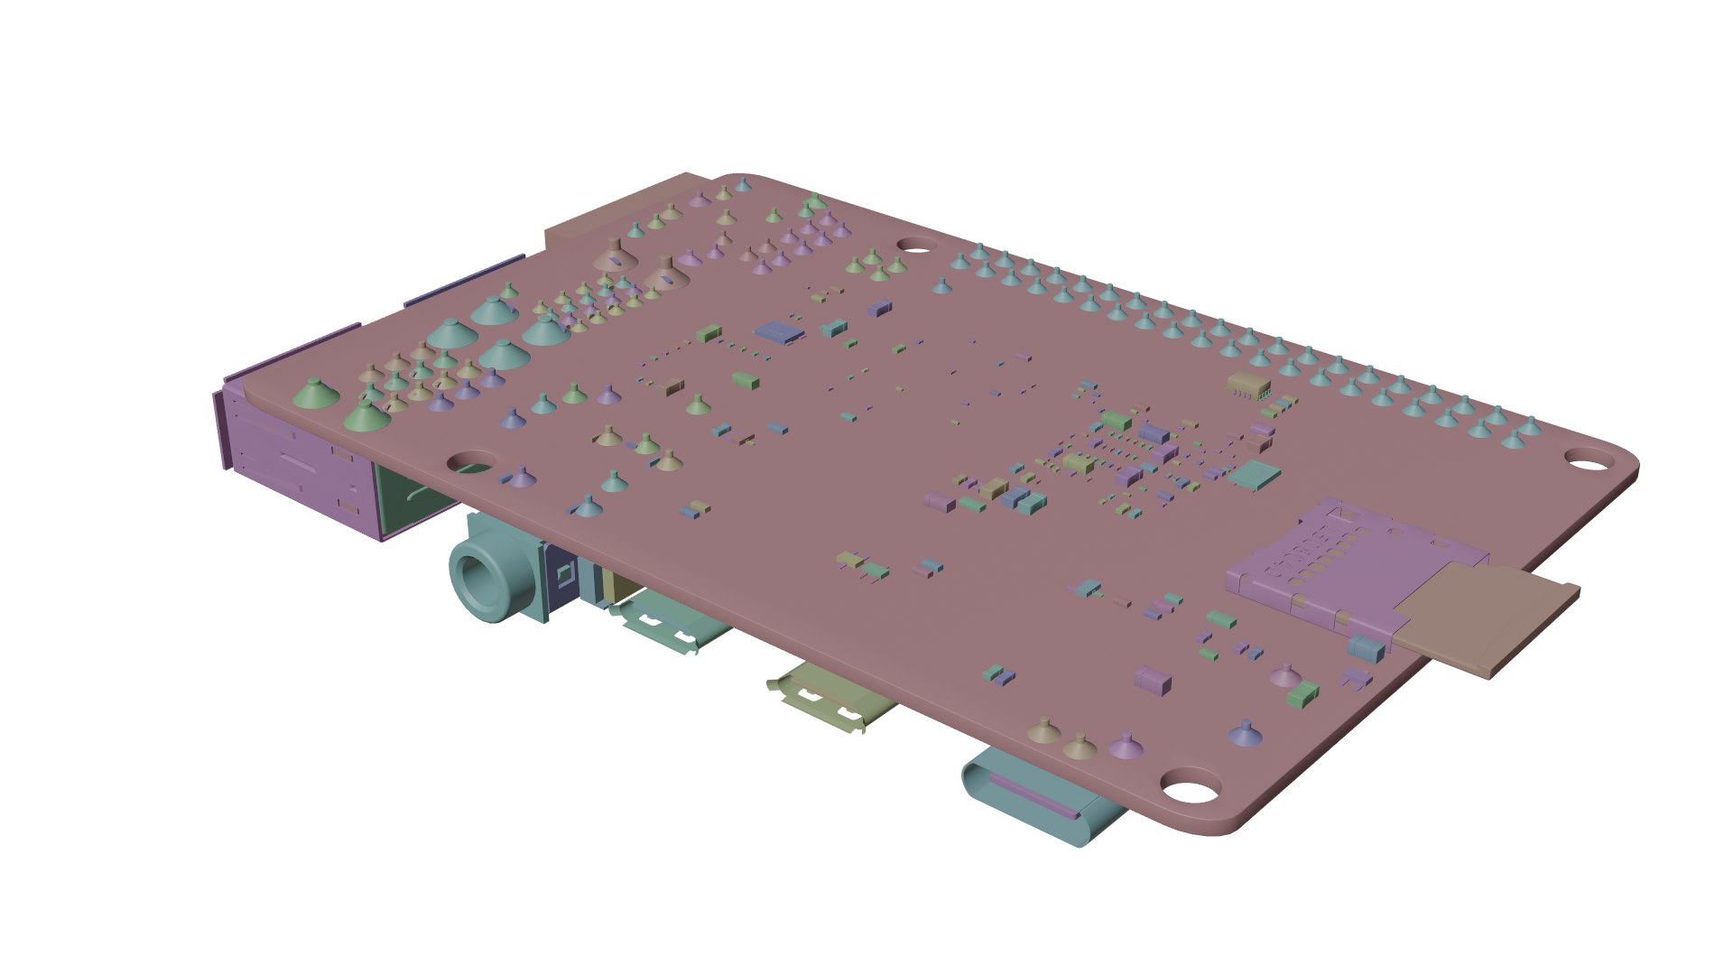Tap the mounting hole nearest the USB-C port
1191,787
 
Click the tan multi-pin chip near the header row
1248,385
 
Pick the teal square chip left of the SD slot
1256,474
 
